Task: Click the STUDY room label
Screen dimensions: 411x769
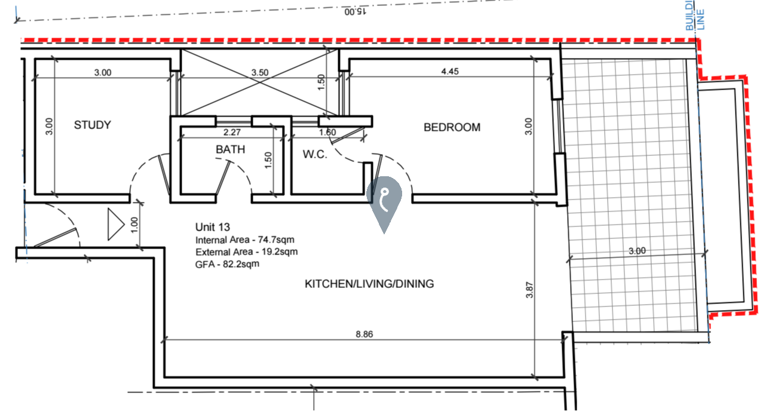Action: point(92,125)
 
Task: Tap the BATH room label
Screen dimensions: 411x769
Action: point(230,149)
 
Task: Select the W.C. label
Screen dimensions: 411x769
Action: point(314,154)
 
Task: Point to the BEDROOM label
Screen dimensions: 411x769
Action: point(452,127)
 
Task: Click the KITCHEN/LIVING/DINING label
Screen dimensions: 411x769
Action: point(369,284)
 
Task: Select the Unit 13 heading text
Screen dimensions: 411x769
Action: point(213,227)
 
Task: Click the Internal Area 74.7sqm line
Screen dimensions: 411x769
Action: point(244,240)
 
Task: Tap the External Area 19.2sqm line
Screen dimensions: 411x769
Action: point(246,251)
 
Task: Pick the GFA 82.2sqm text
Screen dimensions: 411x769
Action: point(227,263)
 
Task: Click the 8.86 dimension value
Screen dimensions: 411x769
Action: point(364,335)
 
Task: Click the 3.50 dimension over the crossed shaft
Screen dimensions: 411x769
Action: point(260,72)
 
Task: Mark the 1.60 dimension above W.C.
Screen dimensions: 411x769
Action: point(327,133)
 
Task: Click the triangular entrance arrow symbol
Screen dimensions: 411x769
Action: point(115,223)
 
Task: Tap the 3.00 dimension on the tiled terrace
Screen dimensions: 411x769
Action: point(637,251)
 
